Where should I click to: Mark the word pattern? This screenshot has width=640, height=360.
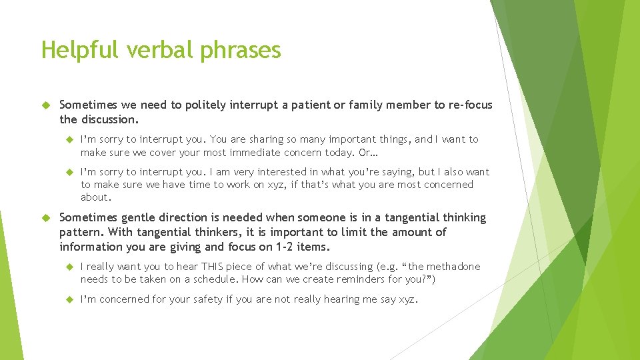(79, 233)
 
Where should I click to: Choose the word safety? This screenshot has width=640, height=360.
(204, 299)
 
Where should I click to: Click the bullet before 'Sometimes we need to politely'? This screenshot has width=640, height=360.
(46, 105)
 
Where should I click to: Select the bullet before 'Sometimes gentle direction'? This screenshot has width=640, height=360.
(46, 217)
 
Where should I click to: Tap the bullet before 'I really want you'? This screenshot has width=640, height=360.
(69, 267)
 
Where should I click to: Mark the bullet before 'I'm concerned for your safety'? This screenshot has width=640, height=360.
(69, 299)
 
